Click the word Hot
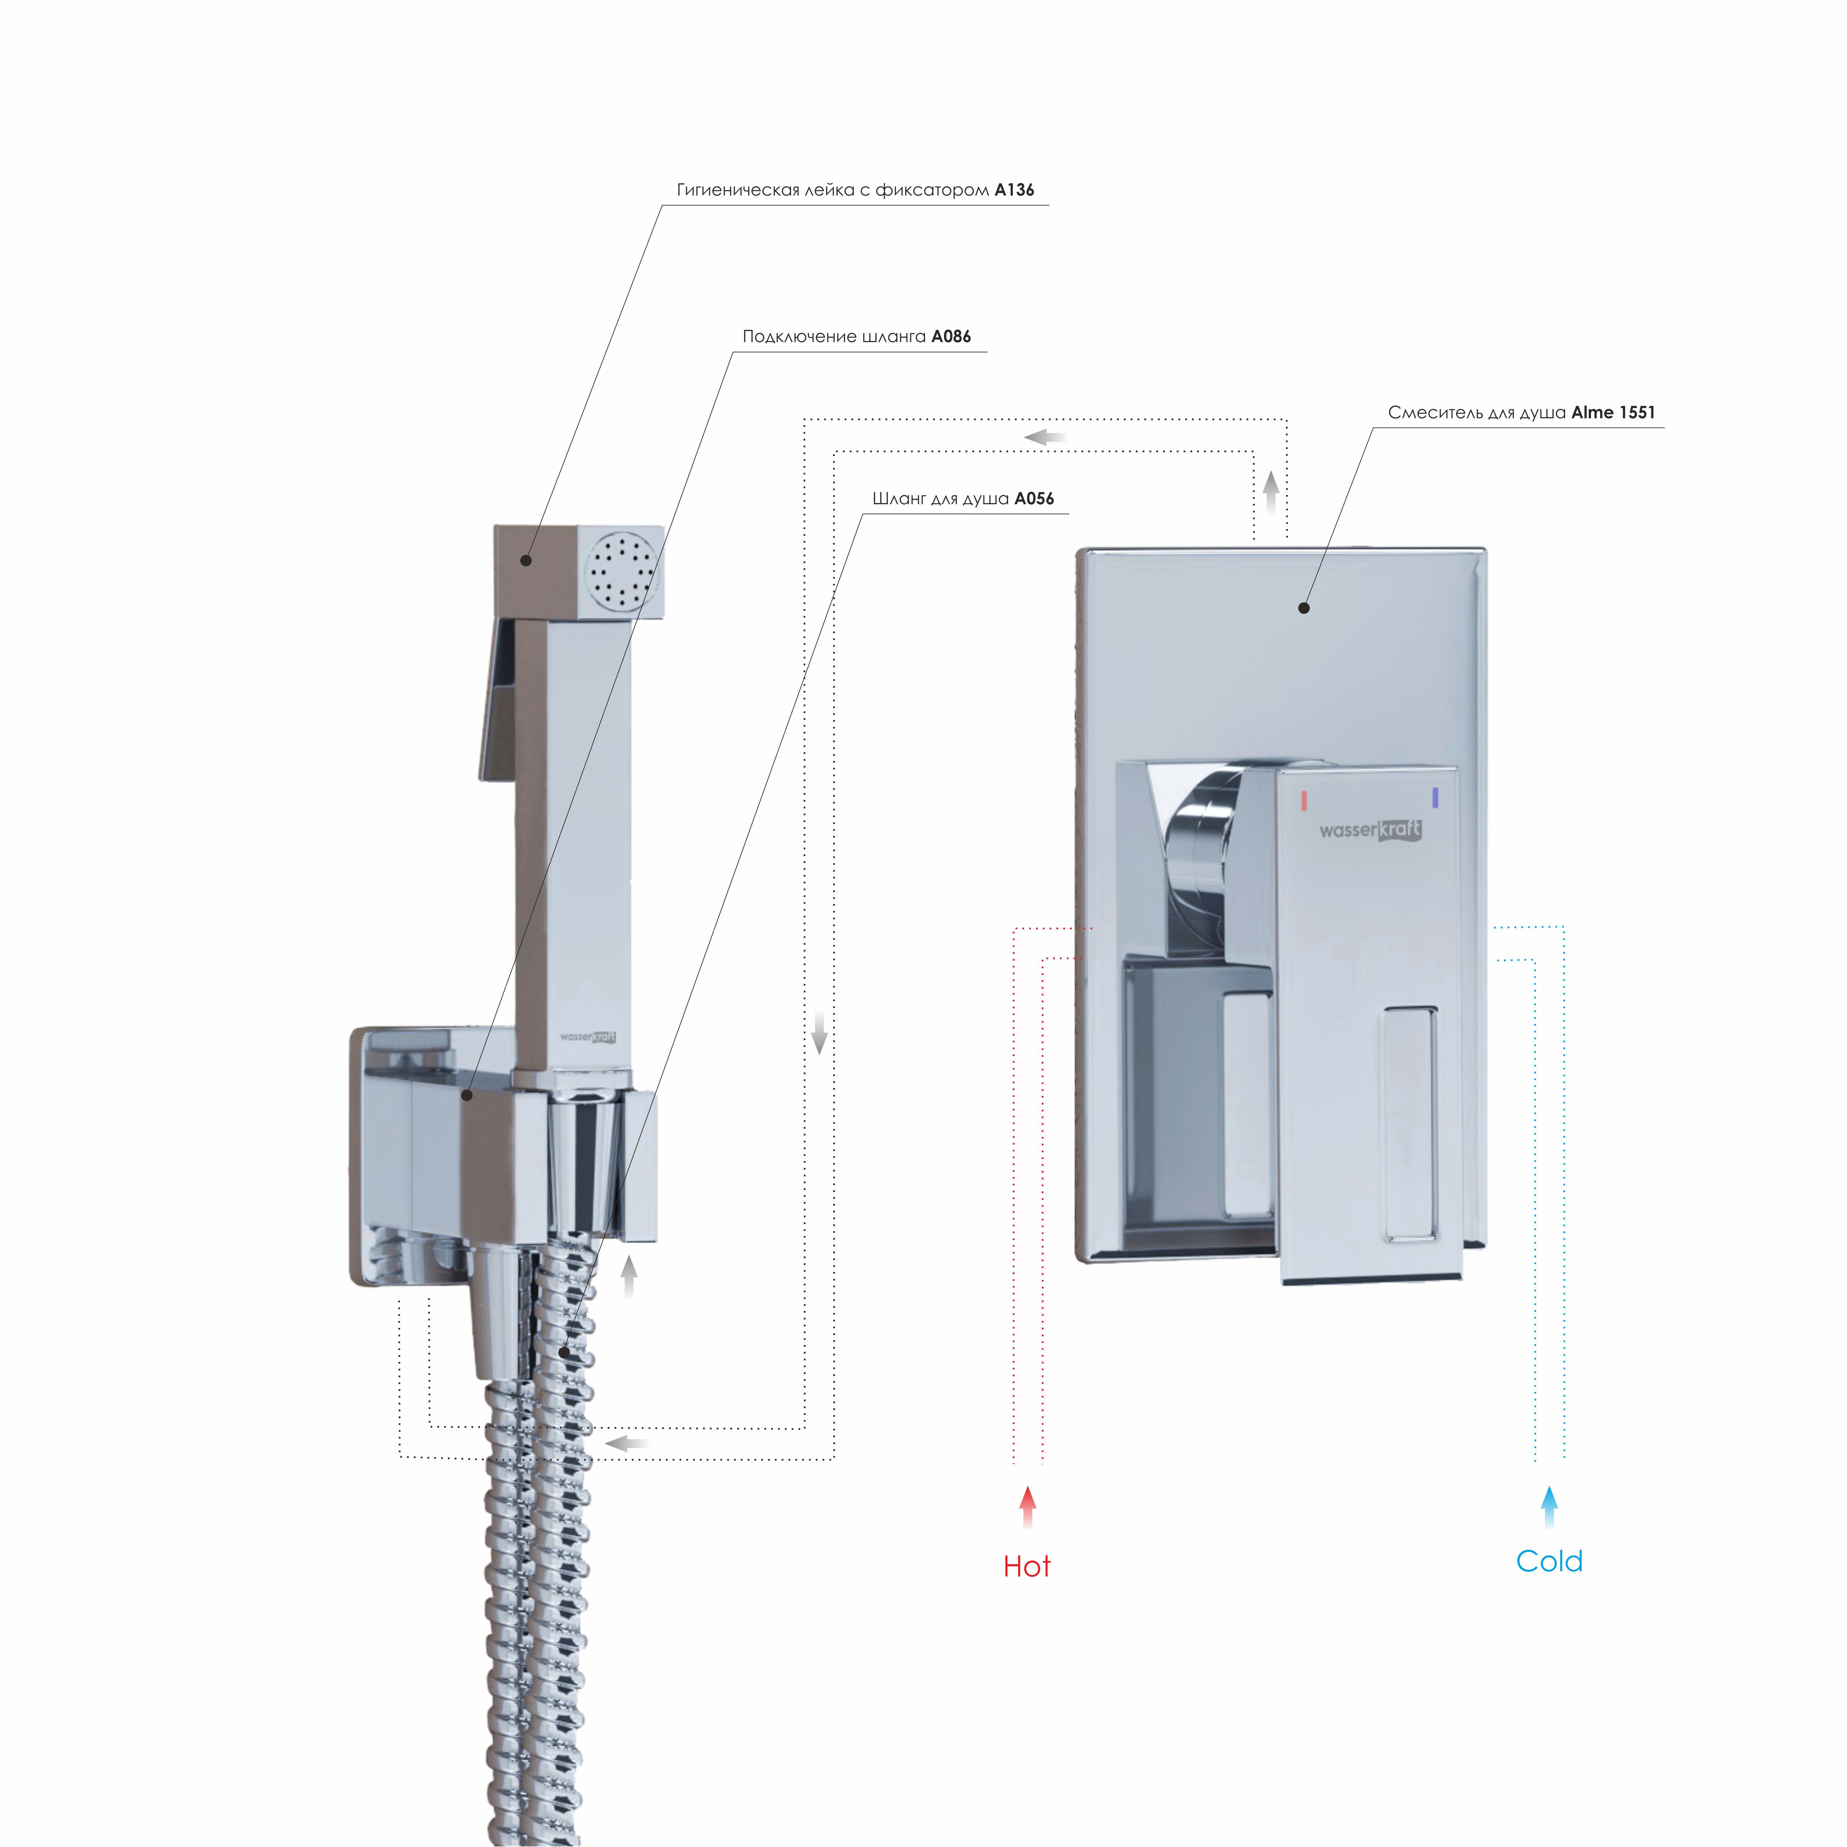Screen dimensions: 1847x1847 click(x=1027, y=1567)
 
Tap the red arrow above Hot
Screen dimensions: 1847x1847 click(x=1028, y=1507)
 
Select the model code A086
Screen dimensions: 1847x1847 click(x=951, y=337)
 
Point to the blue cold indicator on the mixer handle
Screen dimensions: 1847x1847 click(x=1435, y=797)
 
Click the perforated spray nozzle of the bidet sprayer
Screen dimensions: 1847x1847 click(x=622, y=572)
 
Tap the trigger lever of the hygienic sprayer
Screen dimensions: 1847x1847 click(x=497, y=699)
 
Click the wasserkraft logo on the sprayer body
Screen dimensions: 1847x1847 click(x=588, y=1036)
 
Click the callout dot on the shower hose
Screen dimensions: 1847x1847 click(x=565, y=1353)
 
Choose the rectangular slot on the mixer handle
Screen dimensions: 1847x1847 click(x=1408, y=1124)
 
